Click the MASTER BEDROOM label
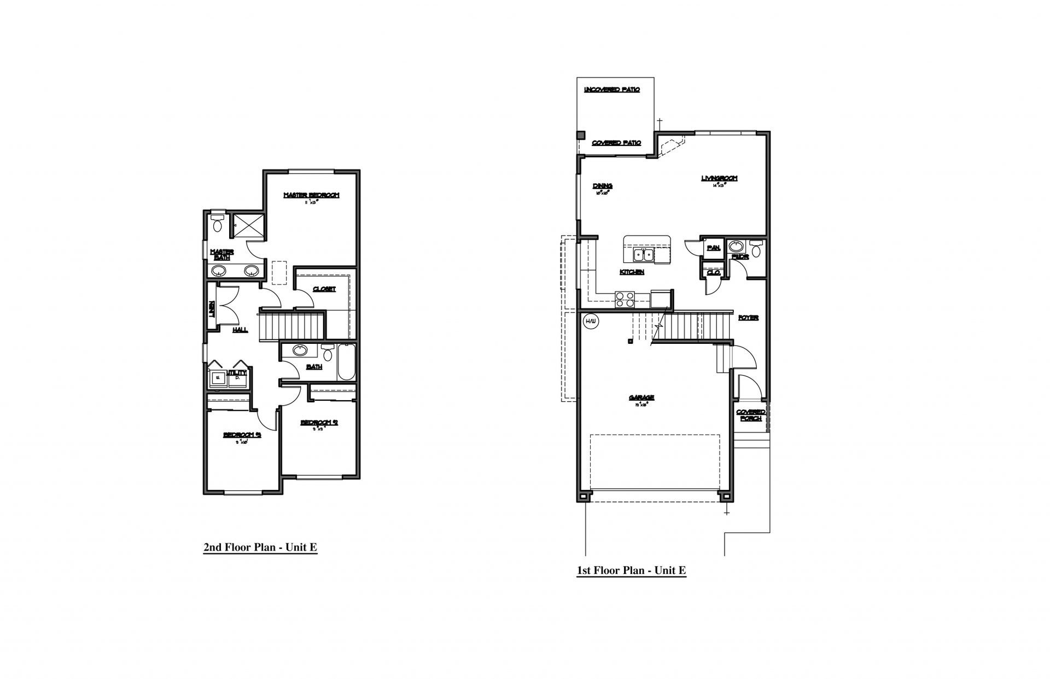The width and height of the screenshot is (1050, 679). (x=311, y=195)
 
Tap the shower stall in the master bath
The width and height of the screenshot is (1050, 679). (x=249, y=225)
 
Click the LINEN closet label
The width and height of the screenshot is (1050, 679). (x=212, y=309)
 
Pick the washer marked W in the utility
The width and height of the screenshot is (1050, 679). (x=218, y=378)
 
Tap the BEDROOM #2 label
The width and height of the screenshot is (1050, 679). (x=319, y=423)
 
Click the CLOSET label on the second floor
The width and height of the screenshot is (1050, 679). (x=324, y=289)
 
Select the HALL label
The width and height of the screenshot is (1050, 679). (x=240, y=330)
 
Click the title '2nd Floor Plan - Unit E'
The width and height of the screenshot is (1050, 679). (x=260, y=547)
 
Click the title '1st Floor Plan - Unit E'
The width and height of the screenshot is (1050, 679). (x=631, y=571)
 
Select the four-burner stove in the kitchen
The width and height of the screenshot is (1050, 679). (x=625, y=299)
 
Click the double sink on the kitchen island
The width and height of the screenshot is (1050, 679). (x=643, y=255)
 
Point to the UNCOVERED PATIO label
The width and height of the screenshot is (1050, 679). (x=612, y=90)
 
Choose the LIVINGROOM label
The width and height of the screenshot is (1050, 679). (x=719, y=178)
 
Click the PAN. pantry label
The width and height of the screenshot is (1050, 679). (x=713, y=248)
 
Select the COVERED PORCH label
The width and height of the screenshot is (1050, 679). (x=751, y=415)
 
